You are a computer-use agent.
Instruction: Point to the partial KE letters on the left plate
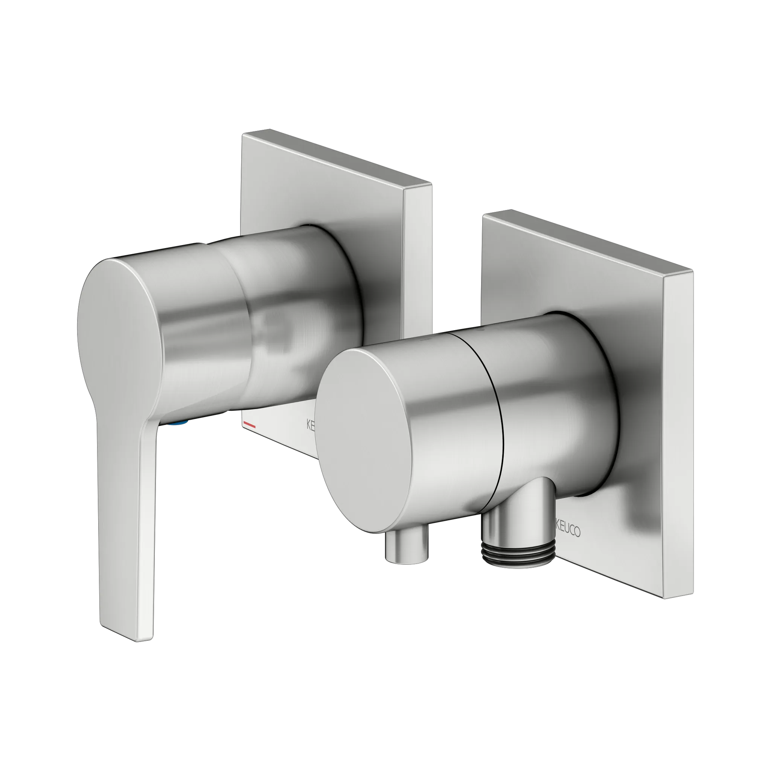tap(311, 425)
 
